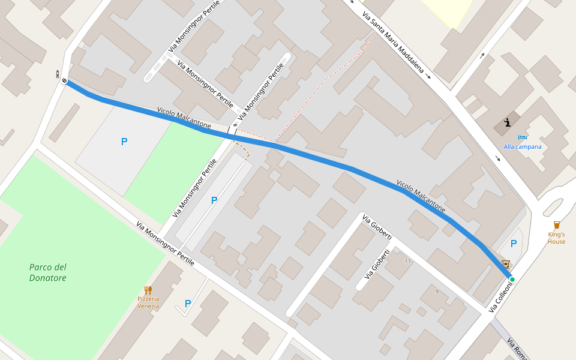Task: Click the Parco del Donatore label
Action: tap(48, 272)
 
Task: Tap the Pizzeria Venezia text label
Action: tap(148, 302)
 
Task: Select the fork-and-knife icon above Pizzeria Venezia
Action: tap(148, 290)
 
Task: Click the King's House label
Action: tap(556, 238)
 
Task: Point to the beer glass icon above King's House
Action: tap(557, 225)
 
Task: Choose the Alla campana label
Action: tap(522, 146)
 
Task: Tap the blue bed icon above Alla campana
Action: tap(522, 138)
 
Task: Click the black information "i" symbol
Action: tap(508, 122)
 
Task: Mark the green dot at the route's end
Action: tap(512, 280)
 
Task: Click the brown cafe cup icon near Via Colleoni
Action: tap(505, 264)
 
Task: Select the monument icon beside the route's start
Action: tap(58, 74)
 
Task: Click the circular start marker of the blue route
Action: tap(64, 80)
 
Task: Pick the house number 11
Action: tap(408, 261)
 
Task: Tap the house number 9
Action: tap(437, 292)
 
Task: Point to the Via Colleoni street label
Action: tap(502, 296)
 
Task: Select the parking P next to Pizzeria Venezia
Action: tap(188, 304)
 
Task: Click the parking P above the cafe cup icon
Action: tap(513, 244)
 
